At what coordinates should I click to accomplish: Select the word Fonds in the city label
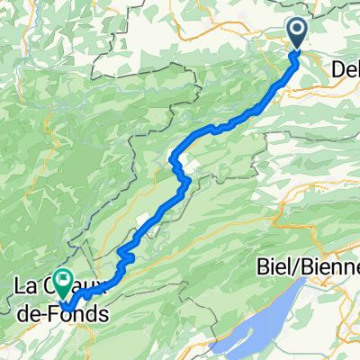click(x=82, y=314)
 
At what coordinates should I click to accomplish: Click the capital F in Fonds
click(x=62, y=314)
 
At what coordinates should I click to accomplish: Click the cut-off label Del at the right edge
click(x=346, y=68)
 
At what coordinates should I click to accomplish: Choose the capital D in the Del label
click(x=337, y=68)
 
